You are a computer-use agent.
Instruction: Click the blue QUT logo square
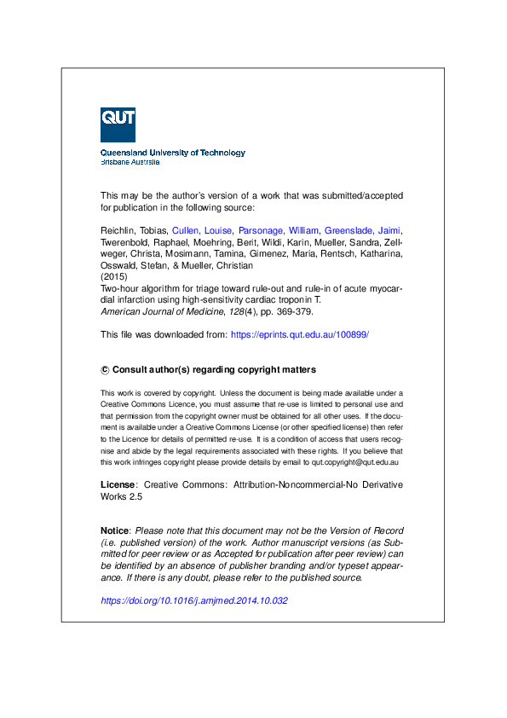[118, 124]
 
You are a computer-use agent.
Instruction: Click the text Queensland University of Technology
[173, 153]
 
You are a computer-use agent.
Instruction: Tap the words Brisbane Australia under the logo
[130, 161]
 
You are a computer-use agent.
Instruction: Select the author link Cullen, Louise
[202, 230]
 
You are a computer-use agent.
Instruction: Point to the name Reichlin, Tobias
[134, 230]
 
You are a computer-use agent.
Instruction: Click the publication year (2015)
[113, 277]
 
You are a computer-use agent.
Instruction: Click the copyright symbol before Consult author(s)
[105, 370]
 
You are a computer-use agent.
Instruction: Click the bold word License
[118, 484]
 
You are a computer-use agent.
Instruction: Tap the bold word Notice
[115, 530]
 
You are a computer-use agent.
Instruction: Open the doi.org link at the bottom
[194, 600]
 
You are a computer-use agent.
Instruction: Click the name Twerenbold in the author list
[129, 242]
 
